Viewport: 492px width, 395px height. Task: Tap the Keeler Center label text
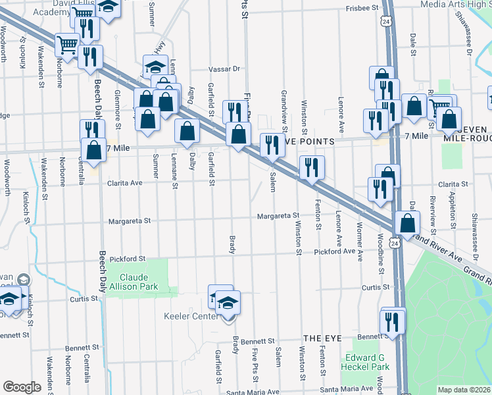(x=191, y=317)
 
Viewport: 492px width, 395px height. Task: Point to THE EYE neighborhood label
(x=322, y=338)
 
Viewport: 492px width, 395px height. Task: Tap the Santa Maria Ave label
(x=253, y=392)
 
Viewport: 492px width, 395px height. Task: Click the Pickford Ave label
(x=334, y=252)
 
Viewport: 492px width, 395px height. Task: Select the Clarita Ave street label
(x=125, y=183)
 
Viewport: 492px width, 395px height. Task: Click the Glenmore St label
(x=118, y=109)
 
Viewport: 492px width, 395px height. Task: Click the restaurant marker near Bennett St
(x=393, y=323)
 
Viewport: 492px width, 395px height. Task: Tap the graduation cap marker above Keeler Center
(x=228, y=302)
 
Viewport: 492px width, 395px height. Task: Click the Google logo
(x=22, y=387)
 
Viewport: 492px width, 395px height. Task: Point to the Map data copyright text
(x=464, y=390)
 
